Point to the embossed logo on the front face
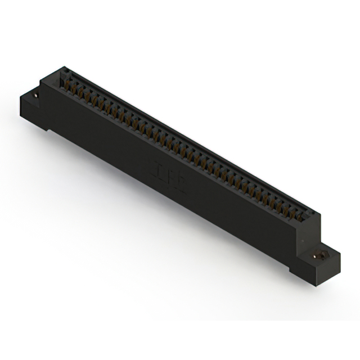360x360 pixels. click(169, 177)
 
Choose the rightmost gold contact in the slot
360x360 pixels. click(300, 214)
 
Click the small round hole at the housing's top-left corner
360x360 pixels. click(65, 71)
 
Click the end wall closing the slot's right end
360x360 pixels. click(310, 216)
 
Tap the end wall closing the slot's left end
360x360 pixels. click(62, 79)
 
